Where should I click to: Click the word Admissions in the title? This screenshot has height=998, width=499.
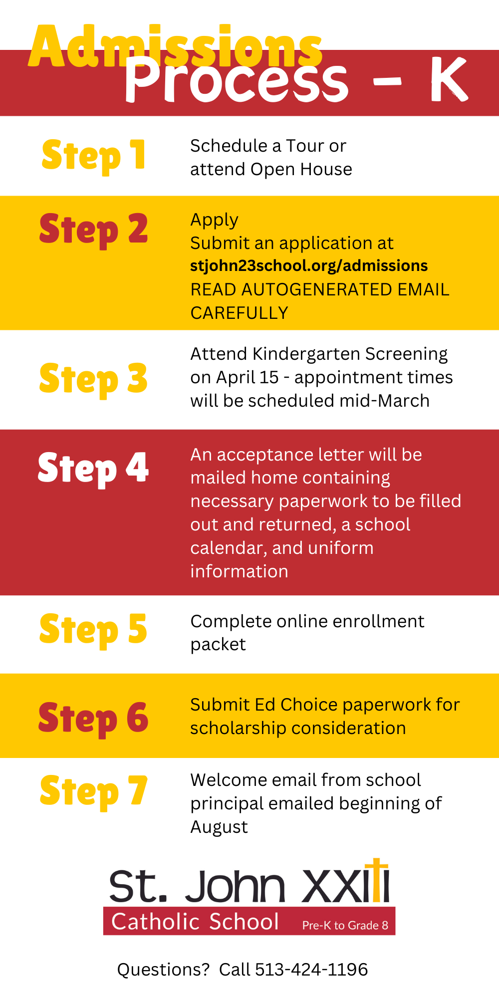[x=175, y=47]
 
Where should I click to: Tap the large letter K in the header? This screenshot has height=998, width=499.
[x=448, y=80]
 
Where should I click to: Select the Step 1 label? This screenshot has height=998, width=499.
[x=94, y=155]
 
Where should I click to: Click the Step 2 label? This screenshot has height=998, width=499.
[x=94, y=230]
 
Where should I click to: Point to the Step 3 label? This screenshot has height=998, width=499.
[x=94, y=379]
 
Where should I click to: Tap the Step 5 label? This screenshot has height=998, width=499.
[x=94, y=630]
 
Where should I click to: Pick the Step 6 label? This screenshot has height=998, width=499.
[x=94, y=718]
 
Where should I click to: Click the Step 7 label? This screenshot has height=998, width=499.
[x=94, y=791]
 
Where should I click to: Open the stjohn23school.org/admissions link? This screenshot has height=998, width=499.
[x=309, y=265]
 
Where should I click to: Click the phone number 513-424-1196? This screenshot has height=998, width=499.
[x=311, y=970]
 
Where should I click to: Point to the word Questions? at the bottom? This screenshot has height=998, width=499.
[x=163, y=970]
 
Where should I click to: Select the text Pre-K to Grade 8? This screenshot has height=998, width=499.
[x=345, y=925]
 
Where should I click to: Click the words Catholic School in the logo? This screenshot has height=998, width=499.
[x=195, y=922]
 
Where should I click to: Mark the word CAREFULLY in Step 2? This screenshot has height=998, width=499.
[x=239, y=313]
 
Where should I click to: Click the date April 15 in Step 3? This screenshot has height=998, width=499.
[x=248, y=377]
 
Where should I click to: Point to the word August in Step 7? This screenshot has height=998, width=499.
[x=219, y=827]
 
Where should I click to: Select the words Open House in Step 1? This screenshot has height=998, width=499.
[x=301, y=169]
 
